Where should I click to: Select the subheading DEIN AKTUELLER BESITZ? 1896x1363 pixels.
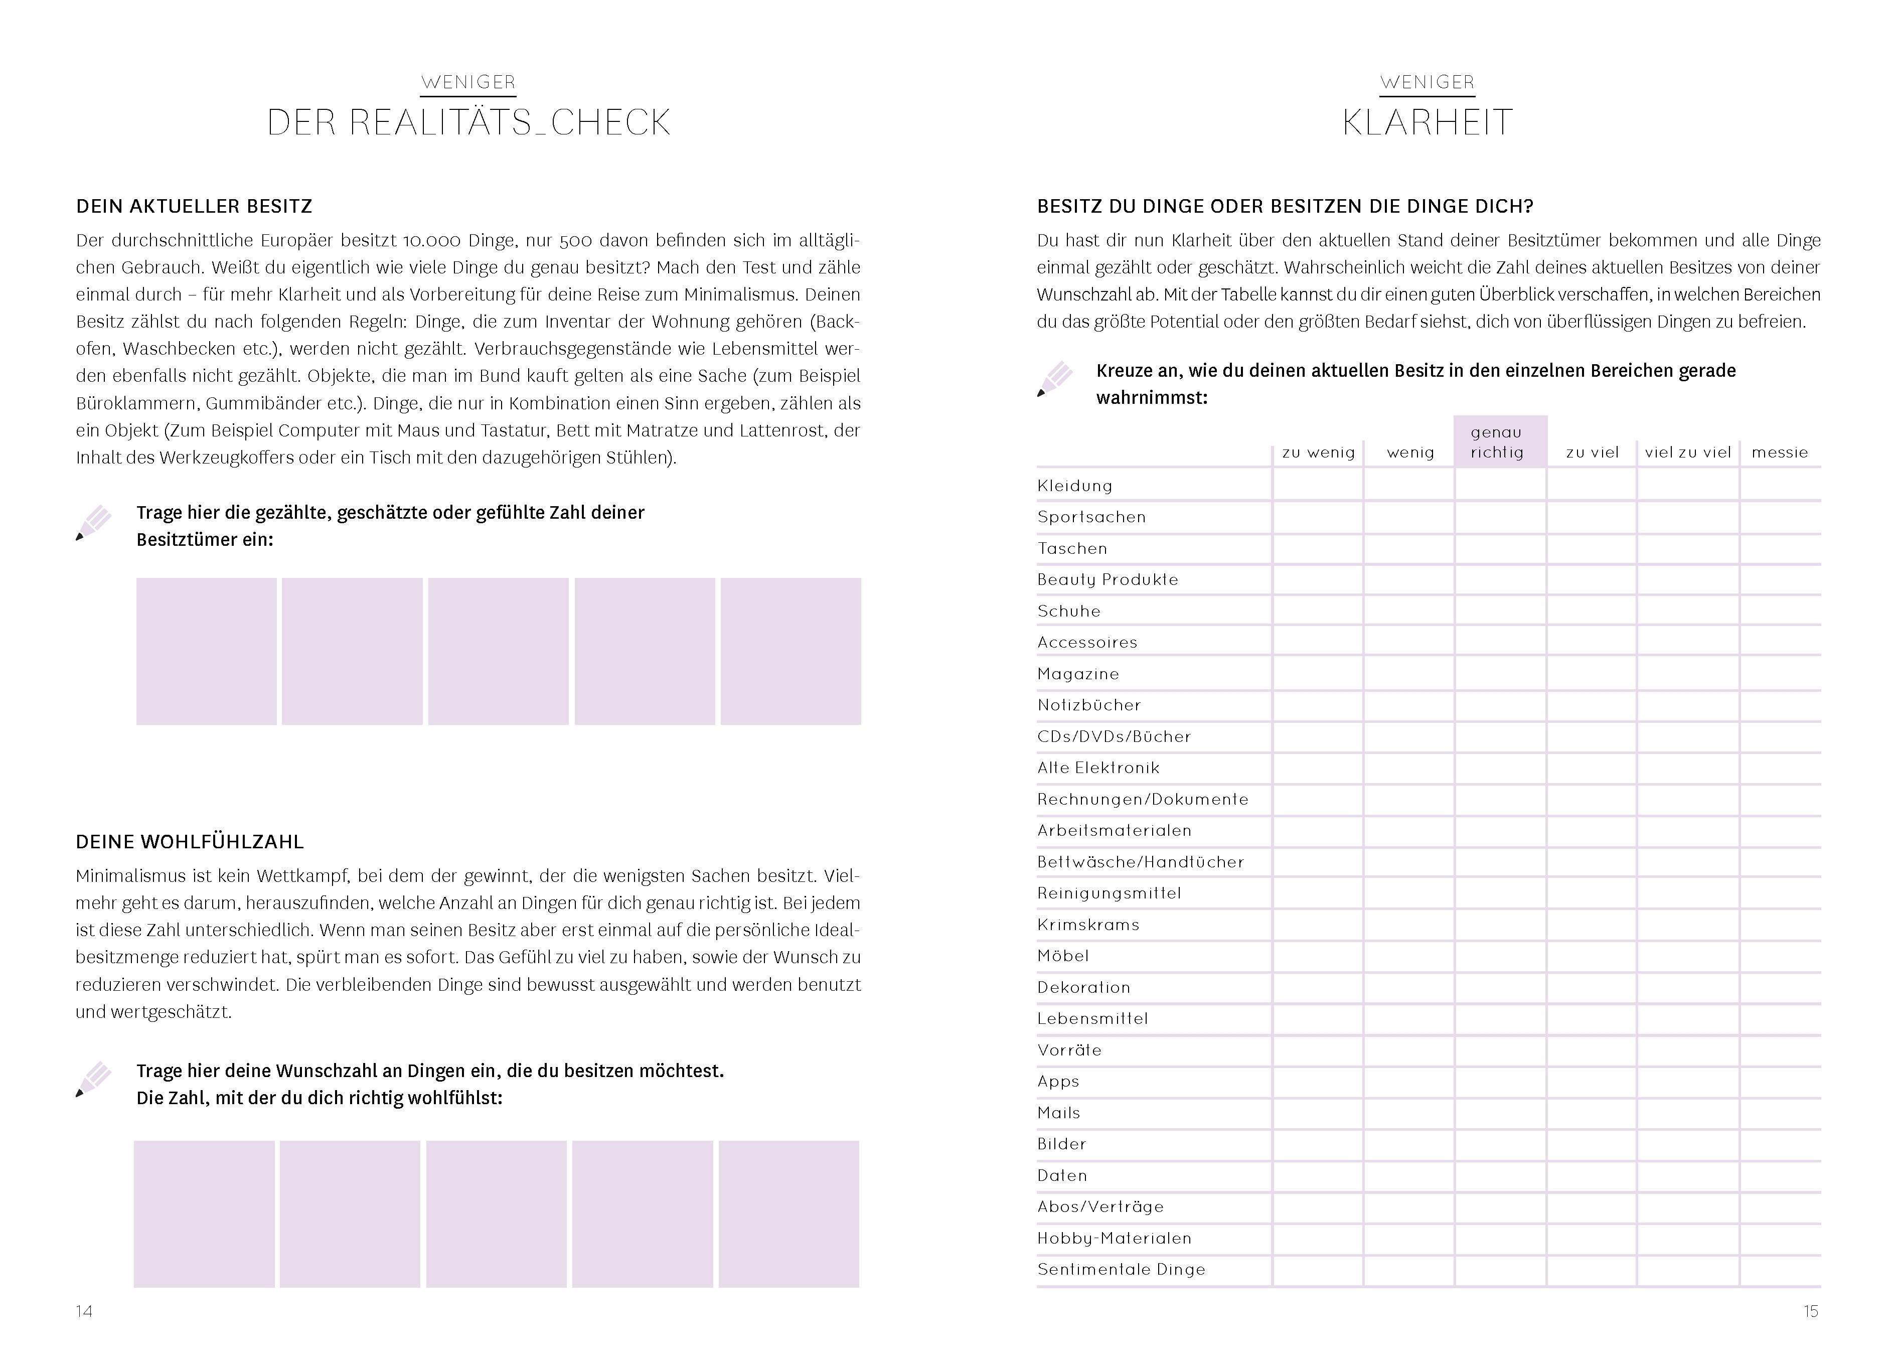point(194,207)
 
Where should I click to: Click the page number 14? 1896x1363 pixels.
point(84,1311)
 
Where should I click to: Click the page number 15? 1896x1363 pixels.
point(1811,1311)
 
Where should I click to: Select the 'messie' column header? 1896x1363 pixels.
point(1779,452)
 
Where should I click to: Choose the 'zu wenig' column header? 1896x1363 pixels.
point(1318,452)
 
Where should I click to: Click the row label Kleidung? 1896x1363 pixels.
point(1075,486)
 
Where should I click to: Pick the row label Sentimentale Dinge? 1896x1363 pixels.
point(1121,1269)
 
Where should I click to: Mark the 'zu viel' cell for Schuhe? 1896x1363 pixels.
point(1592,611)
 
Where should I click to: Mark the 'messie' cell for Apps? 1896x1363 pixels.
point(1780,1081)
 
